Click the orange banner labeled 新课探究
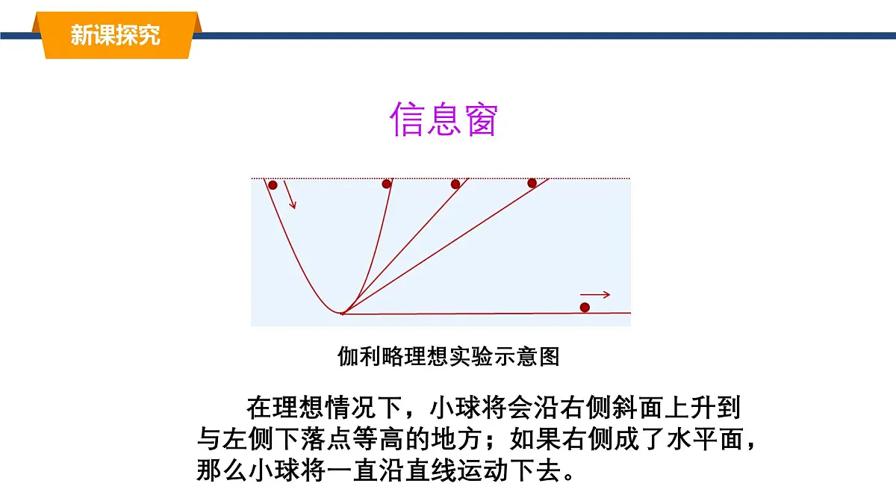coord(116,34)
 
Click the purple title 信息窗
coord(444,119)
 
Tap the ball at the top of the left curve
coord(273,185)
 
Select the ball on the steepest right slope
coord(387,184)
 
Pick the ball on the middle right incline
coord(455,184)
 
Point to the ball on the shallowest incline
coord(532,183)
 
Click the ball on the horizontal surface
coord(585,307)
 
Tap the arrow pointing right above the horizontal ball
coord(595,294)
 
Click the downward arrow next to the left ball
coord(290,196)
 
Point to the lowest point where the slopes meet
coord(342,313)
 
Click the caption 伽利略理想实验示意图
coord(448,357)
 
